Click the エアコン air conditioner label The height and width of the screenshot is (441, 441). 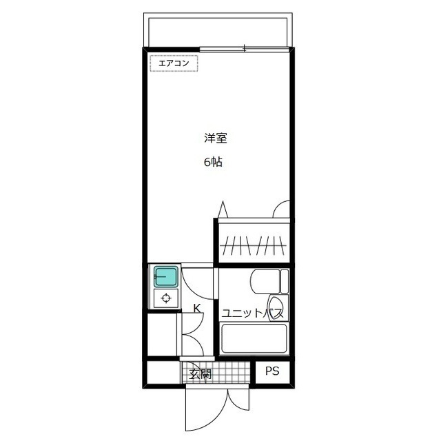click(x=174, y=63)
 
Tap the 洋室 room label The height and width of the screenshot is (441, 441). click(x=216, y=138)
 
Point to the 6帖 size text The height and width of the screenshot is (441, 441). click(x=212, y=163)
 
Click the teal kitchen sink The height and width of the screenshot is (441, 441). click(x=165, y=277)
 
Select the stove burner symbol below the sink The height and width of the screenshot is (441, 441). click(x=165, y=298)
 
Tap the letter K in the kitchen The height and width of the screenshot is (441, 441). click(x=196, y=308)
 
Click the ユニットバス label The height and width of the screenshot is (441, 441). click(x=252, y=313)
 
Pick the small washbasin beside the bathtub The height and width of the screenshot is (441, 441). click(x=276, y=306)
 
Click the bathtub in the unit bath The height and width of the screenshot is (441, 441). click(x=254, y=339)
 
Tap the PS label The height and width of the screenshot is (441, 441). click(x=274, y=371)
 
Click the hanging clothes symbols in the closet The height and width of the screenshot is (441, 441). click(x=253, y=245)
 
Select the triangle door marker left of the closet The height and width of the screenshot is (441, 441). click(x=221, y=208)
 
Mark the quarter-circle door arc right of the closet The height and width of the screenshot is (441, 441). click(x=283, y=209)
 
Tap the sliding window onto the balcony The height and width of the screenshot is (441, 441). click(x=245, y=49)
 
